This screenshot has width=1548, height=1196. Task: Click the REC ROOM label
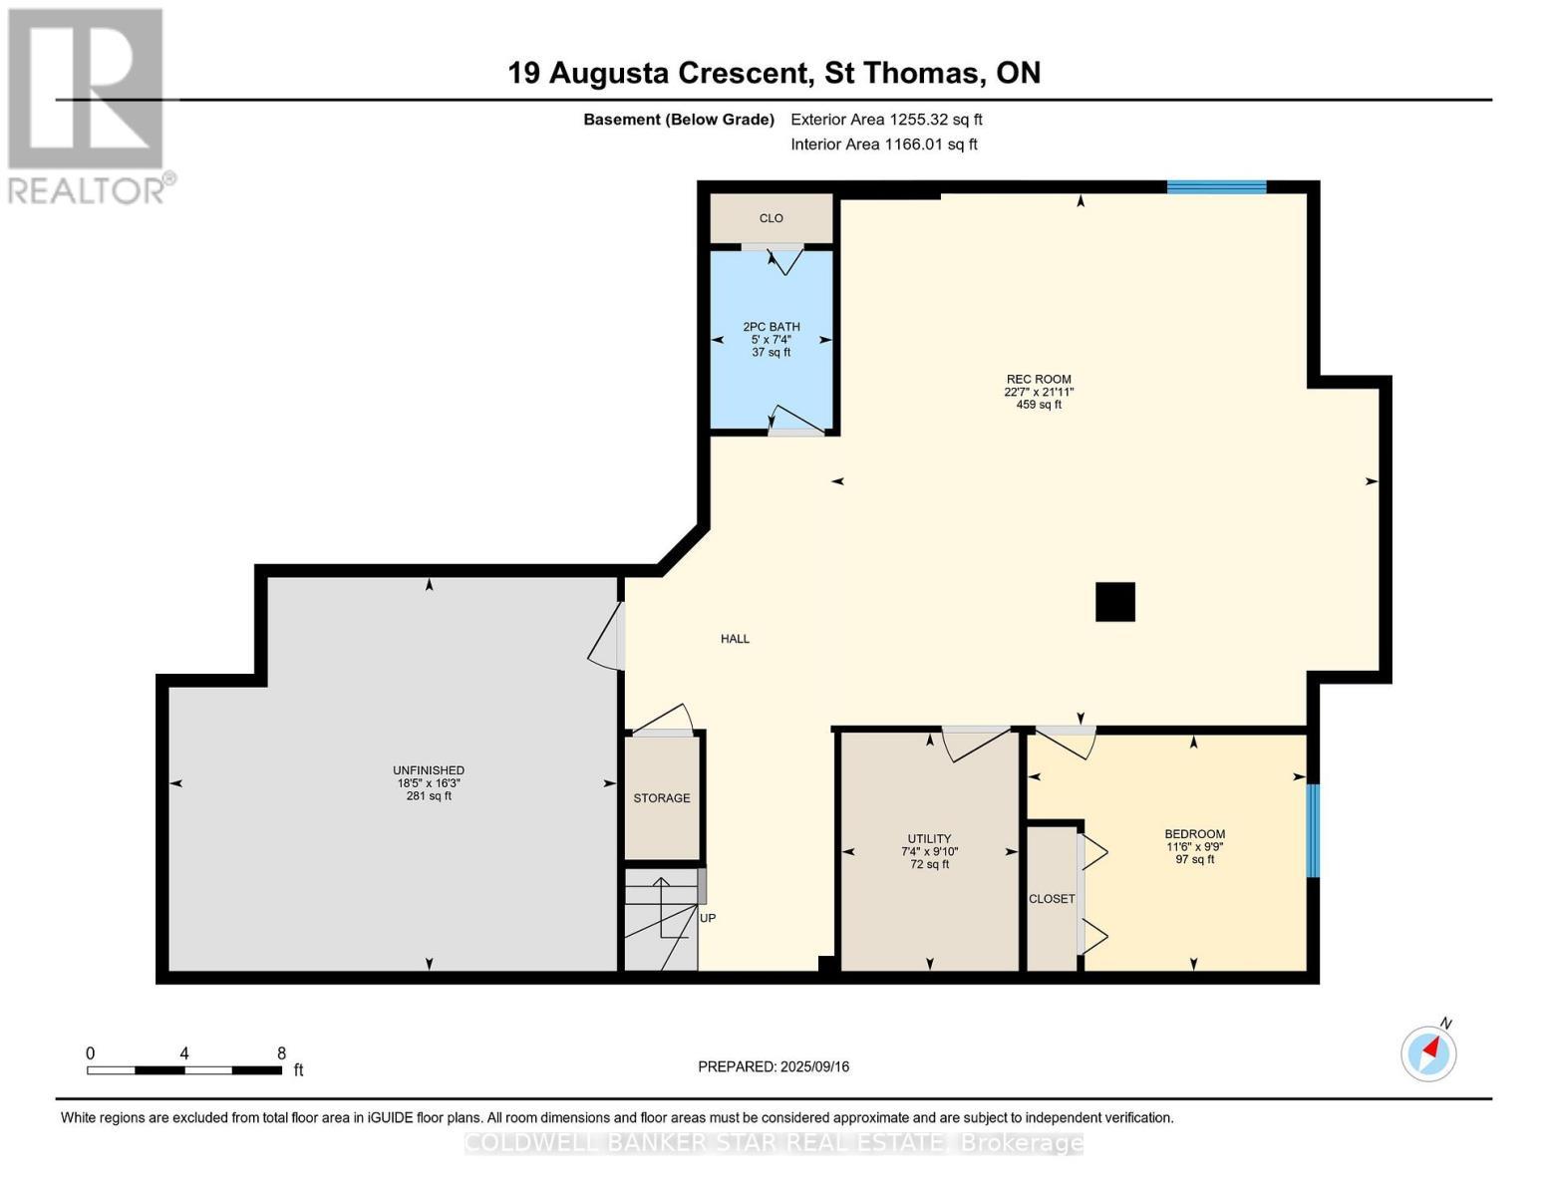pos(1038,379)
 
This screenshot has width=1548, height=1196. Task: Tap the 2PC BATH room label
pos(771,327)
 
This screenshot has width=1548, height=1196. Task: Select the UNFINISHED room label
pos(429,770)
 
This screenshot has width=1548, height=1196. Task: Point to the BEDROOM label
pos(1194,834)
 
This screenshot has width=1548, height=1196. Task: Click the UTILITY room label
pos(929,839)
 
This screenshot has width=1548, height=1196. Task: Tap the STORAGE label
pos(662,798)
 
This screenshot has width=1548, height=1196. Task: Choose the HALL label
pos(735,639)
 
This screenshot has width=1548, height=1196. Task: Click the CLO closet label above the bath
pos(771,218)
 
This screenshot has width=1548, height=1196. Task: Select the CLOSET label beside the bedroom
pos(1052,899)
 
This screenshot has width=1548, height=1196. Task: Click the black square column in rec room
pos(1114,602)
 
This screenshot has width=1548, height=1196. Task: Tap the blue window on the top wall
pos(1216,186)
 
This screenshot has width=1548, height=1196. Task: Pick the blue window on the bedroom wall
pos(1313,830)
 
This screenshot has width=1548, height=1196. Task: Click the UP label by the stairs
pos(708,918)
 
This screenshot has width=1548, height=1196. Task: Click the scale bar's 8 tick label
pos(281,1053)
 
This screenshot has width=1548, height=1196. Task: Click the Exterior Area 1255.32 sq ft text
pos(886,120)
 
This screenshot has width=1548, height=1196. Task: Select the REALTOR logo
pos(88,106)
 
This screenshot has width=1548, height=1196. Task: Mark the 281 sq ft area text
pos(429,796)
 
